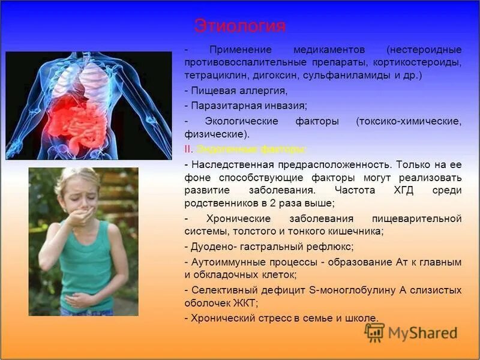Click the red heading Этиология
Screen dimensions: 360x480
point(240,26)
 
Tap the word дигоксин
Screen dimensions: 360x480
point(276,76)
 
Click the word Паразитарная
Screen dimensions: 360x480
point(222,106)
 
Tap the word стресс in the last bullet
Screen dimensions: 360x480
point(269,317)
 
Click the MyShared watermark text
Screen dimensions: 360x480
point(422,334)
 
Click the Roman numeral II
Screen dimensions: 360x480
point(187,148)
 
